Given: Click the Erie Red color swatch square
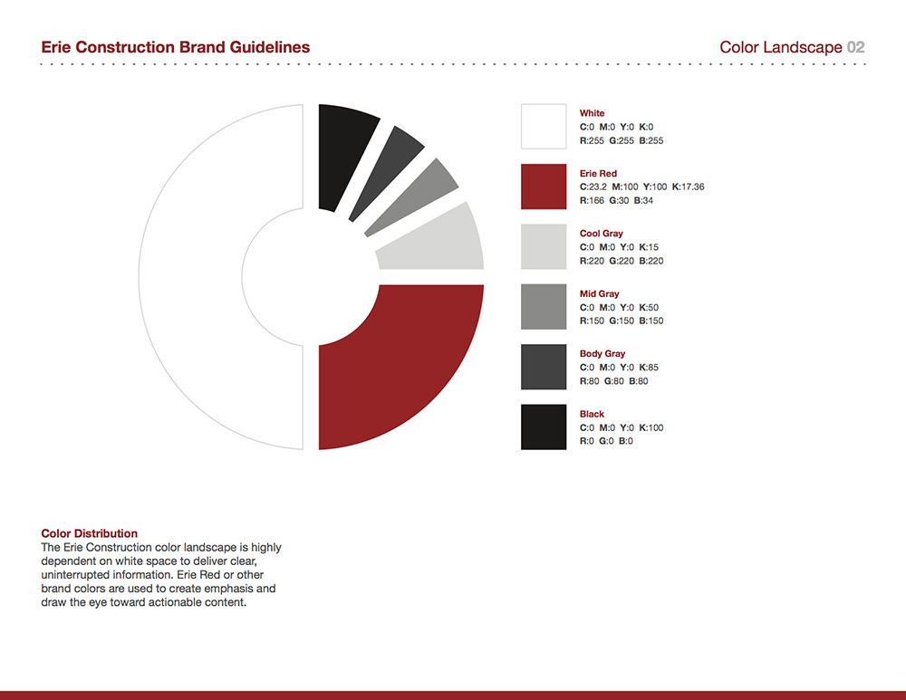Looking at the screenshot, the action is coord(544,187).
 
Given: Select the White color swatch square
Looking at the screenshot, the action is coord(544,127).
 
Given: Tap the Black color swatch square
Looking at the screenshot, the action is coord(544,427).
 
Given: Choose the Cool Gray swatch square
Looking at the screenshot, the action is coord(544,246).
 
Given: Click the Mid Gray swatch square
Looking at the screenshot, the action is coord(544,307).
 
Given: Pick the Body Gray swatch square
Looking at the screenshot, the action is coord(544,367).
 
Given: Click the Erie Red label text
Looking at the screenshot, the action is coord(598,173).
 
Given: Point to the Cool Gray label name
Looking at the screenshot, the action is coord(601,234).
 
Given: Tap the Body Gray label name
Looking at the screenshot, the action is coord(602,354).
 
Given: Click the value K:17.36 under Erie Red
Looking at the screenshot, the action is coord(689,187).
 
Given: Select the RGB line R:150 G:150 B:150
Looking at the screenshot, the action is coord(622,321).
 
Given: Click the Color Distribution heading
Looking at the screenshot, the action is coord(90,533).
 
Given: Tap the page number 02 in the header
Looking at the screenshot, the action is coord(856,47).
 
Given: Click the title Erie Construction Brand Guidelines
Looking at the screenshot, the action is coord(176,47).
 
